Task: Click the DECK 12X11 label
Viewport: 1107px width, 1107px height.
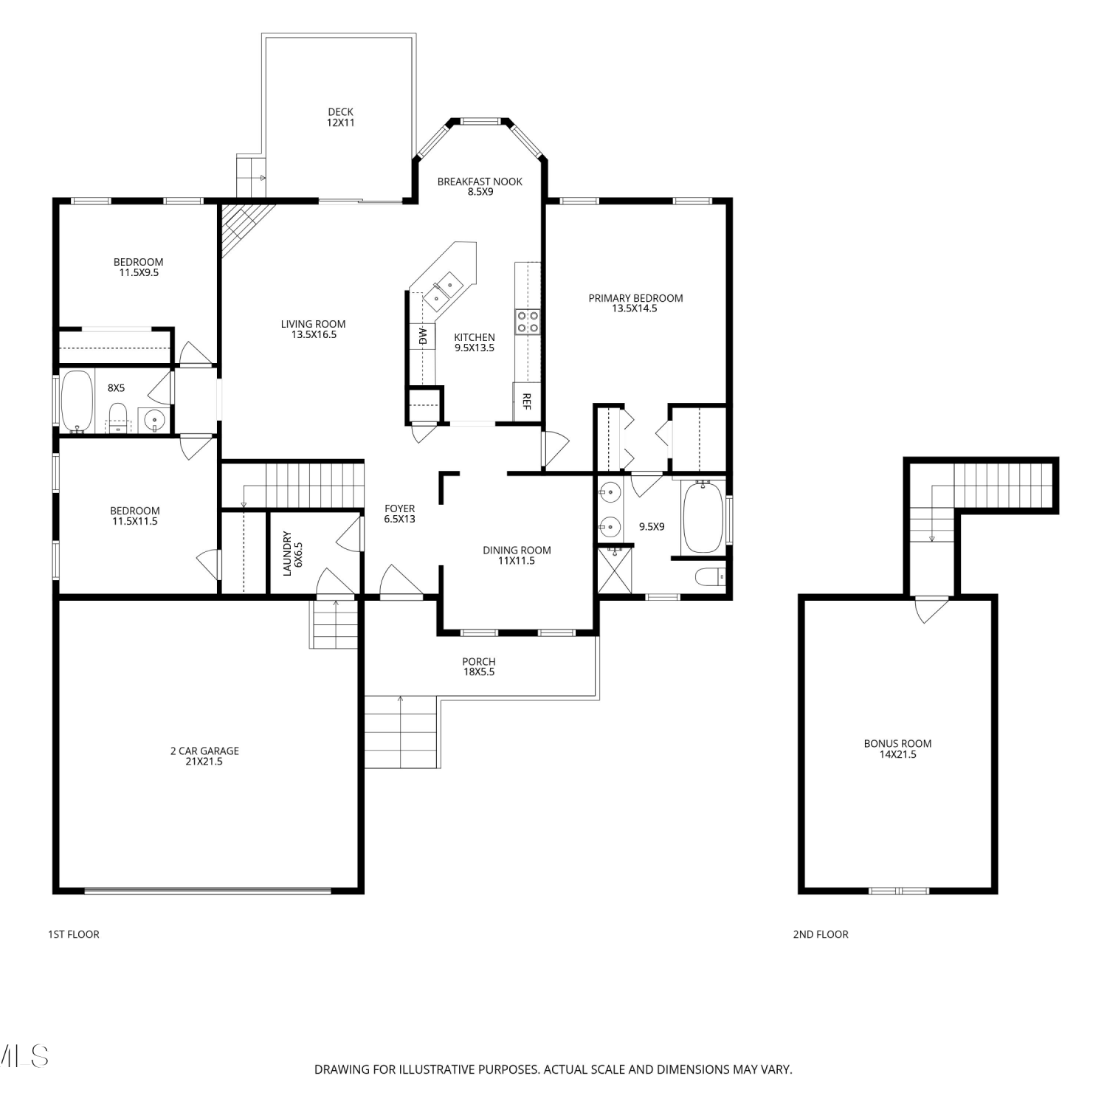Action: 341,117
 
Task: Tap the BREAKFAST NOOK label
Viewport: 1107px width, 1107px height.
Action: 480,182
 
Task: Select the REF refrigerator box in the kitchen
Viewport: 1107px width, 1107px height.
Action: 527,401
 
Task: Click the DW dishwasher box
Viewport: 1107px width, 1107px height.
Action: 423,336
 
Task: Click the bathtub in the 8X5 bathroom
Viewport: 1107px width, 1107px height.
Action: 77,401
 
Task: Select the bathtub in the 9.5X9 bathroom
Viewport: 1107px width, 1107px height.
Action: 703,517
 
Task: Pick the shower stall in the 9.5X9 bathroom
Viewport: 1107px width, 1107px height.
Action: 615,569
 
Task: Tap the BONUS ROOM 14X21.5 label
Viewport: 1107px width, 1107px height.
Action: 897,748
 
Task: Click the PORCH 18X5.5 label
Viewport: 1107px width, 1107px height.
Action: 479,666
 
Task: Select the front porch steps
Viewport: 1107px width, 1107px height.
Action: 401,731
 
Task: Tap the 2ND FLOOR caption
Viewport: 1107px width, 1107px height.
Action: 821,934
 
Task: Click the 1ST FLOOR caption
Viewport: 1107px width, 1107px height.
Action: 74,934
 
